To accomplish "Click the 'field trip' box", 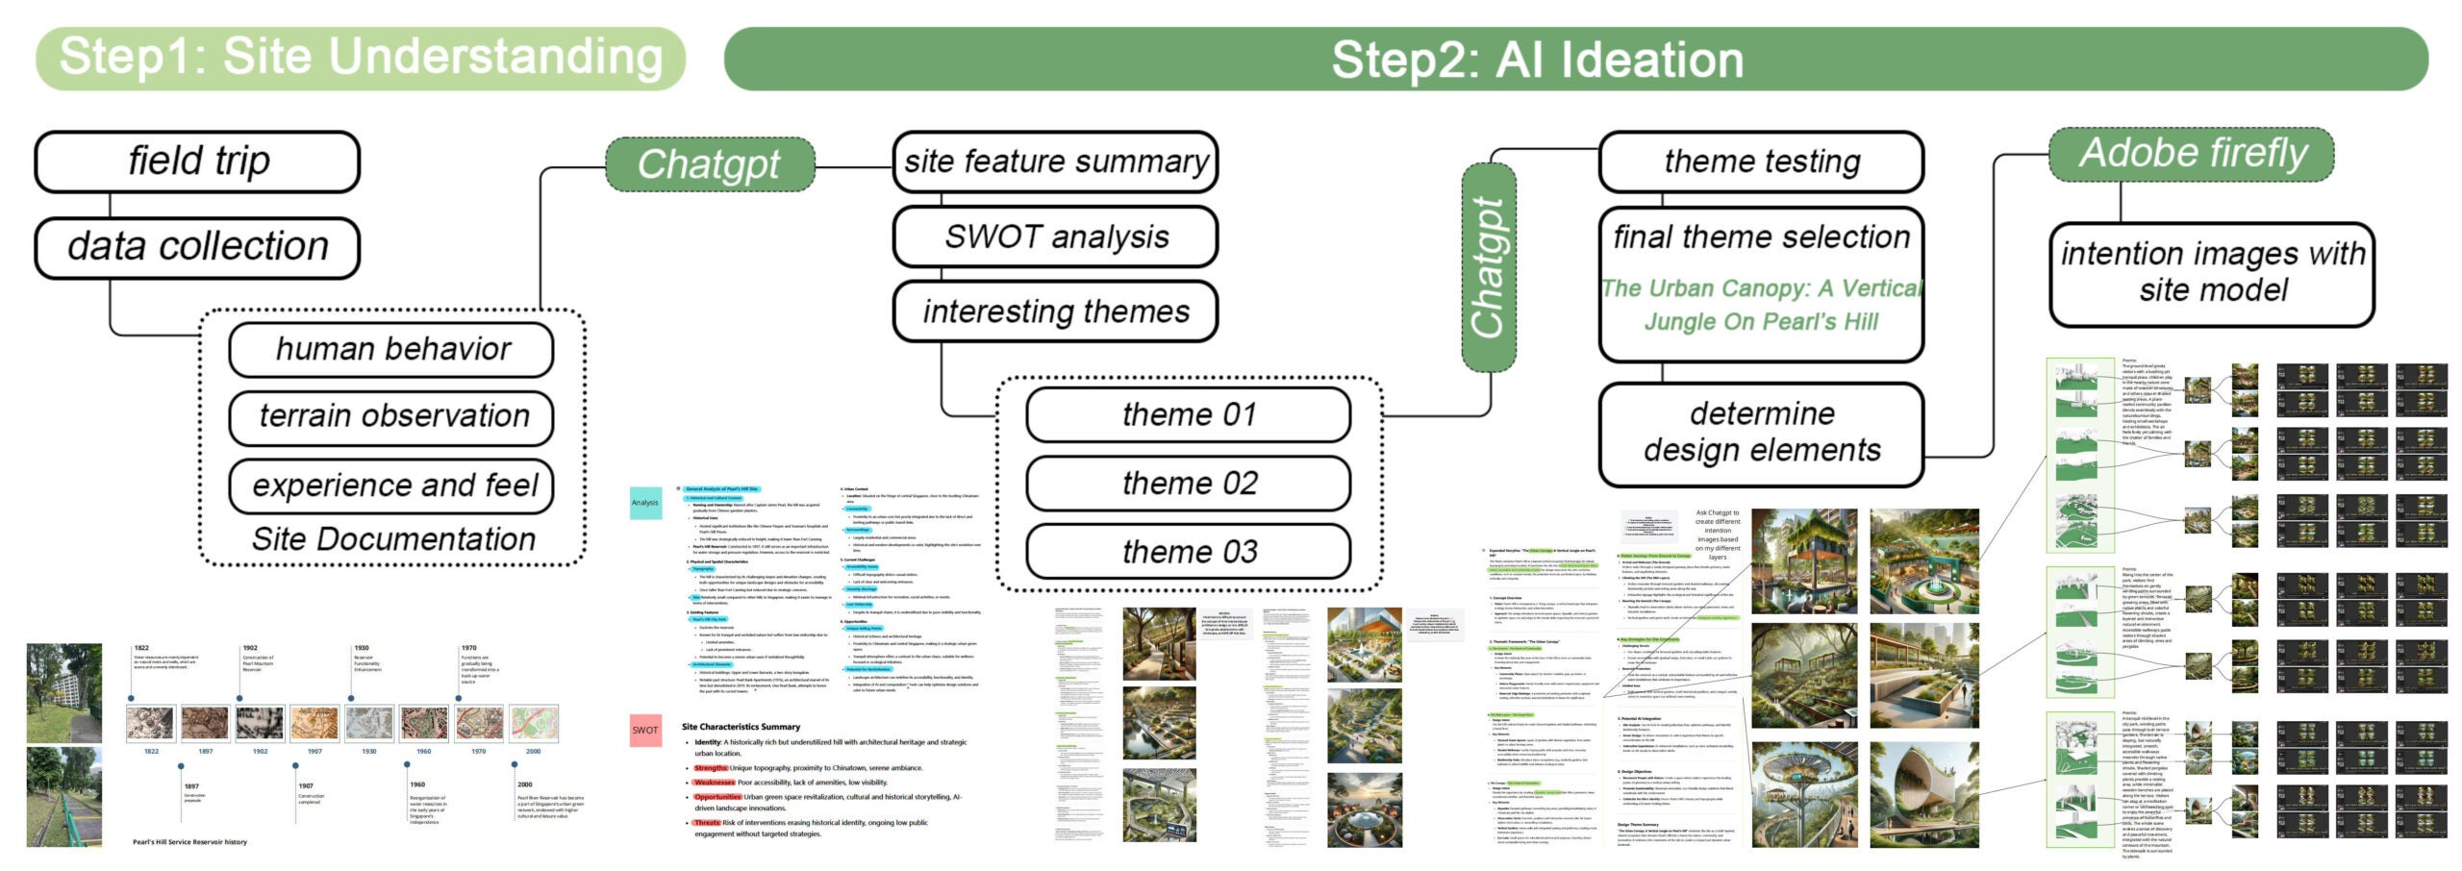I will point(197,162).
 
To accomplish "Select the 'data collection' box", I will point(197,247).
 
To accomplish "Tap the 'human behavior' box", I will point(391,349).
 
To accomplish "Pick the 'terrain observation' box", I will point(391,416).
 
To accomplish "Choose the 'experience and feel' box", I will point(391,485).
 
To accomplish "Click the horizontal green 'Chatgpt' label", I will point(710,164).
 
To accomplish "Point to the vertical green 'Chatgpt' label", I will point(1488,267).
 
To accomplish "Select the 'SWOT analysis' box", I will point(1055,236).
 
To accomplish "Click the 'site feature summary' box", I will point(1055,162).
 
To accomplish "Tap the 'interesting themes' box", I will point(1055,311).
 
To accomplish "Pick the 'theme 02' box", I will point(1189,483).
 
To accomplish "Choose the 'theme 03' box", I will point(1189,552).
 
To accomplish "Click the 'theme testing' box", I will point(1761,162).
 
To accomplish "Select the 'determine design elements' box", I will point(1761,433).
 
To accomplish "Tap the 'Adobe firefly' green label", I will point(2192,154).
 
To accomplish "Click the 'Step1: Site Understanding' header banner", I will point(361,58).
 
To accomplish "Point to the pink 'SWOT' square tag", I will point(645,730).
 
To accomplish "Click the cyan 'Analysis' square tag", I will point(645,503).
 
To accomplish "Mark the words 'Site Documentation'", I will point(393,539).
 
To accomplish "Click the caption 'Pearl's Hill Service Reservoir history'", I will point(189,842).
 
